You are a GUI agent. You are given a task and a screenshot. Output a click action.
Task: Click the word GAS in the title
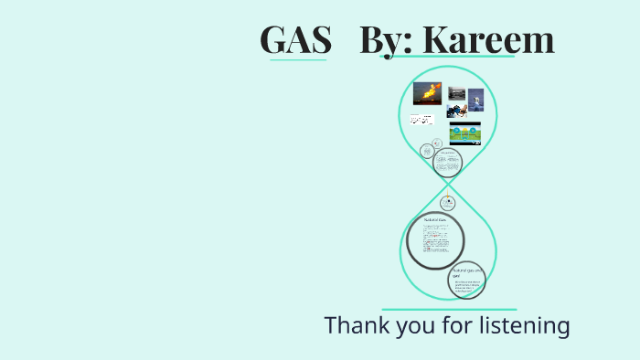[294, 39]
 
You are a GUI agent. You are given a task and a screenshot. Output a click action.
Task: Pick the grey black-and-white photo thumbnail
[457, 93]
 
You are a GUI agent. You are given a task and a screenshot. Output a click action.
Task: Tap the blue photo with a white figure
[476, 100]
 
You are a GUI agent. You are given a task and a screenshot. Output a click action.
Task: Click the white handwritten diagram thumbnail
[422, 120]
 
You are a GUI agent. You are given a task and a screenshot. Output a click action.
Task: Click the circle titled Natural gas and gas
[466, 281]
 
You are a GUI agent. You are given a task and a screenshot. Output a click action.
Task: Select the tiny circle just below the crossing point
[447, 203]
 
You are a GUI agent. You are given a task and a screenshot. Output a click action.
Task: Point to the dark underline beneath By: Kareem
[447, 58]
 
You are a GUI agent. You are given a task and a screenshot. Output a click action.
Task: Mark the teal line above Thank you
[448, 310]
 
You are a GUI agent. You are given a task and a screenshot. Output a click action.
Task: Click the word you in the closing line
[413, 326]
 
